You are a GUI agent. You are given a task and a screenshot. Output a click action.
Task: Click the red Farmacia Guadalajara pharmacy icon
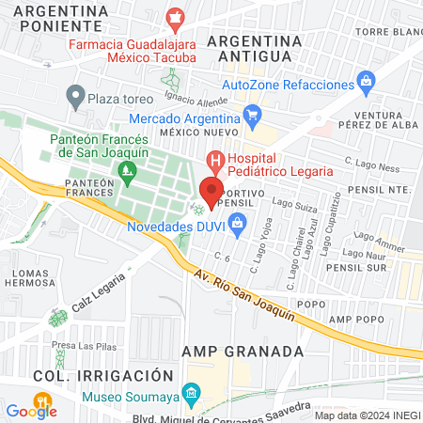pos(175,17)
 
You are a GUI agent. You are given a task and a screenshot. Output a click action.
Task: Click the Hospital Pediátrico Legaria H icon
pos(215,162)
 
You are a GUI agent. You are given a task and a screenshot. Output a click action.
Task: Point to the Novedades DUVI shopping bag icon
pos(237,223)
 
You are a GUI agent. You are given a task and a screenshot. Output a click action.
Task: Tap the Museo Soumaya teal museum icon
pos(192,392)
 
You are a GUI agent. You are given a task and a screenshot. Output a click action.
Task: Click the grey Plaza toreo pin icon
pos(74,96)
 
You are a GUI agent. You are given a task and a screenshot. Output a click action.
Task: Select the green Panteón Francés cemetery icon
pos(126,172)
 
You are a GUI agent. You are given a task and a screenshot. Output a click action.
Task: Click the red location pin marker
pos(210,193)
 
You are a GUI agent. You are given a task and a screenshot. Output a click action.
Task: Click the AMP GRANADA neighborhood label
pos(243,351)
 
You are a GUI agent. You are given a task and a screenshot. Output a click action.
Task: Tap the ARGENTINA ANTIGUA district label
pos(255,50)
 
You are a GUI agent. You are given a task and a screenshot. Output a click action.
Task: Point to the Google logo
pos(30,410)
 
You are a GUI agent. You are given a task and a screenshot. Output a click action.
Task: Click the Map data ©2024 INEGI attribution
pos(366,415)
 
